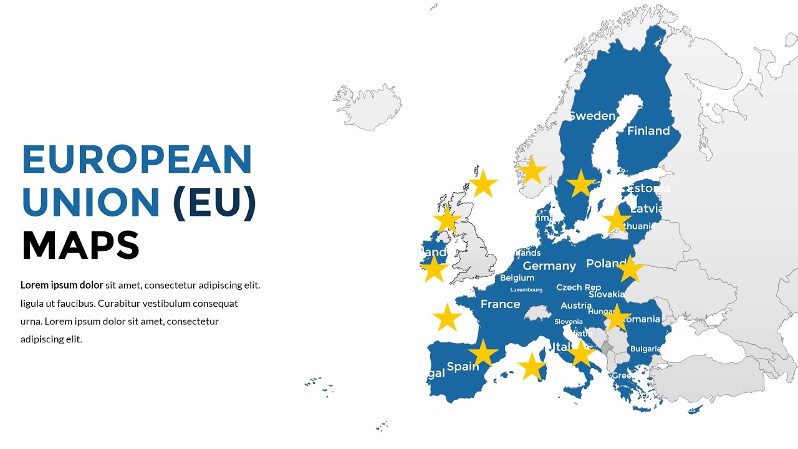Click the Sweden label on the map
[592, 116]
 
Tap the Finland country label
[648, 131]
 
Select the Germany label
[549, 266]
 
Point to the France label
[500, 304]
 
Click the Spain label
[463, 367]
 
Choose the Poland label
[606, 264]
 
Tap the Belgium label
[517, 278]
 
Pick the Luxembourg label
[526, 290]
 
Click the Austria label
[576, 306]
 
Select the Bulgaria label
[645, 349]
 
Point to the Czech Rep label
[579, 287]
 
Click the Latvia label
[648, 209]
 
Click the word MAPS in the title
[80, 245]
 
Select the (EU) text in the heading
[214, 203]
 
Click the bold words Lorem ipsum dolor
[62, 286]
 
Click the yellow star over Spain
[483, 353]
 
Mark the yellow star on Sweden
[581, 183]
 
